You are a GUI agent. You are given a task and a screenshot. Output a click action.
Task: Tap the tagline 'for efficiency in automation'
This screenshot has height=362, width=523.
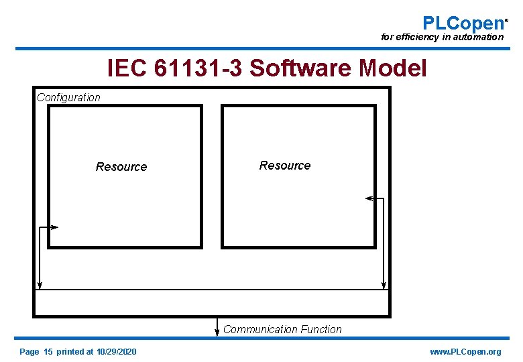point(441,38)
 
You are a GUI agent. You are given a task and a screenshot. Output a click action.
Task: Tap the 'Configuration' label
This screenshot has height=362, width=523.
point(68,97)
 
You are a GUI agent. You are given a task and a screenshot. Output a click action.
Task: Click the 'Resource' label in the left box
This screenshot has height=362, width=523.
point(121,167)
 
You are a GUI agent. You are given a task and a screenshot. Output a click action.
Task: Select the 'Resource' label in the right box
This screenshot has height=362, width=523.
point(285,166)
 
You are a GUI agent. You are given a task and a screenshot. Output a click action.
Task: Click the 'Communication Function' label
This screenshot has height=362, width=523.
point(282,329)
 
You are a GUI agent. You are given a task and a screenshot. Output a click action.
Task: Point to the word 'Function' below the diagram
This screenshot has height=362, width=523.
point(321,329)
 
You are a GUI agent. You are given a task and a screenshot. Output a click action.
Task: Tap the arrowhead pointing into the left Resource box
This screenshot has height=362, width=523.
point(55,228)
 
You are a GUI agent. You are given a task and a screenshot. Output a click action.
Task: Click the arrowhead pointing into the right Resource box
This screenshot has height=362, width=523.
point(368,198)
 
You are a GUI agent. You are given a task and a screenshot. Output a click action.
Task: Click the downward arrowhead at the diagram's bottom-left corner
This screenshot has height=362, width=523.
point(40,286)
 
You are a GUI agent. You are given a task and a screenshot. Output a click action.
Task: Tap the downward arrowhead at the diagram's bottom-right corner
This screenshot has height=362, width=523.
point(384,286)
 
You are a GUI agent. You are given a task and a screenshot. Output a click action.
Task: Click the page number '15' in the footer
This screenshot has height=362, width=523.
point(48,352)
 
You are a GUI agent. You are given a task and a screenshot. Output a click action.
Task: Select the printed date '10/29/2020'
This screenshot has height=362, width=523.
point(116,352)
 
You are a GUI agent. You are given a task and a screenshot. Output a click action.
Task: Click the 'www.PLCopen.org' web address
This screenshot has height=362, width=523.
point(465,352)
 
